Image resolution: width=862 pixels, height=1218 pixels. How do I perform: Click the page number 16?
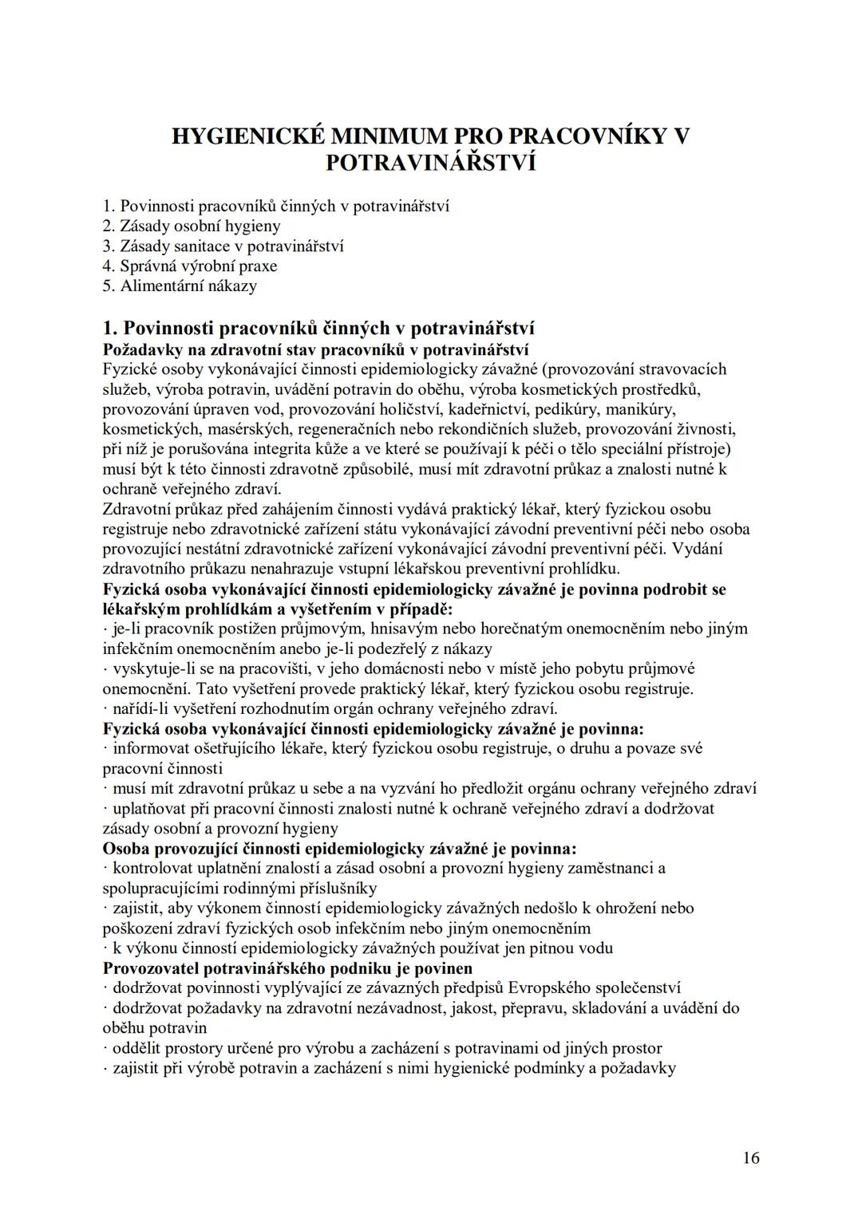(750, 1157)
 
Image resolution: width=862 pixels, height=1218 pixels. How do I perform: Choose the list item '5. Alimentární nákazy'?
(180, 286)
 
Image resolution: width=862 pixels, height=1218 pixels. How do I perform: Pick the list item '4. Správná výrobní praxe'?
(190, 266)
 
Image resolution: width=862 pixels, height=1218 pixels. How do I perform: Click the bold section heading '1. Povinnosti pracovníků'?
(318, 329)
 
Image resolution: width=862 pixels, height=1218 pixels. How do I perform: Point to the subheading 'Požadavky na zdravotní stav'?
(316, 349)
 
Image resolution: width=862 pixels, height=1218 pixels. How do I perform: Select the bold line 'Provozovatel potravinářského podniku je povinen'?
(288, 968)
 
